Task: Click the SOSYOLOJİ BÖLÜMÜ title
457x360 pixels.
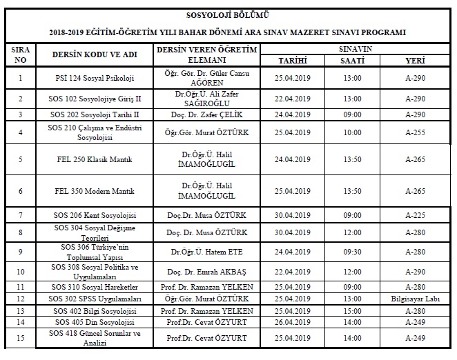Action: [x=228, y=14]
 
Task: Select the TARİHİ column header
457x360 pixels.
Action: [x=292, y=61]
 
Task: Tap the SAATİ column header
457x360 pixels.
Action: [x=351, y=61]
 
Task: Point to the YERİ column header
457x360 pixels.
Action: [x=416, y=61]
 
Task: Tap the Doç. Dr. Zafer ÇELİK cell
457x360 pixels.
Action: [x=208, y=114]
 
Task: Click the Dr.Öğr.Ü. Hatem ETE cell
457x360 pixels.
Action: [x=208, y=251]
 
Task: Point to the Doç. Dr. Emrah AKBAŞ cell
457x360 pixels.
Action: [x=208, y=271]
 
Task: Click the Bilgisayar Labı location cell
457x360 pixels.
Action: [x=416, y=299]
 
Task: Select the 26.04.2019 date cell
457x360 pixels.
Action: [x=292, y=321]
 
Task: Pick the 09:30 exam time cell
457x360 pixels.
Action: [x=351, y=251]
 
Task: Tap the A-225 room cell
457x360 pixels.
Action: [x=416, y=215]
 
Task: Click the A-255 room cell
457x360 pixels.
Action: [x=416, y=132]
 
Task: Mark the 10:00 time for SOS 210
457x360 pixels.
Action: [x=351, y=132]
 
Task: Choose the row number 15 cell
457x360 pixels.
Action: [x=21, y=338]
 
